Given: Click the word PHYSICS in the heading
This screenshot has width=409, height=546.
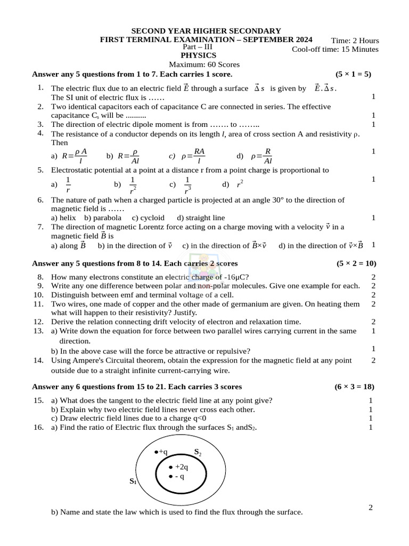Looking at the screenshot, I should [198, 55].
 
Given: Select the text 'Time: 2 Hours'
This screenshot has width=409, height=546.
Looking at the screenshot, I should [355, 41].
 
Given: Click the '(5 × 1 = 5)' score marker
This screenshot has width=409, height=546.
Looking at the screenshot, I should [353, 74].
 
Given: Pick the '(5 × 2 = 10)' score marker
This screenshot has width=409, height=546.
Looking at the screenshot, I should [356, 263].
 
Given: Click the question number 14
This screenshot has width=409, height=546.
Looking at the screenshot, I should [38, 360].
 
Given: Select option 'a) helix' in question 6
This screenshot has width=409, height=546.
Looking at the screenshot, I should [63, 218].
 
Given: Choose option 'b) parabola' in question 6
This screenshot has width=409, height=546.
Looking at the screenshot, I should [103, 218].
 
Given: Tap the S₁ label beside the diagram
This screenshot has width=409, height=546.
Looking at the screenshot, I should [133, 481].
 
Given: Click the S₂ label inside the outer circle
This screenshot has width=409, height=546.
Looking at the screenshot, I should [198, 452].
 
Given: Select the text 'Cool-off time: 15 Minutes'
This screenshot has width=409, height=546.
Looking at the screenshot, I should [335, 50].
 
